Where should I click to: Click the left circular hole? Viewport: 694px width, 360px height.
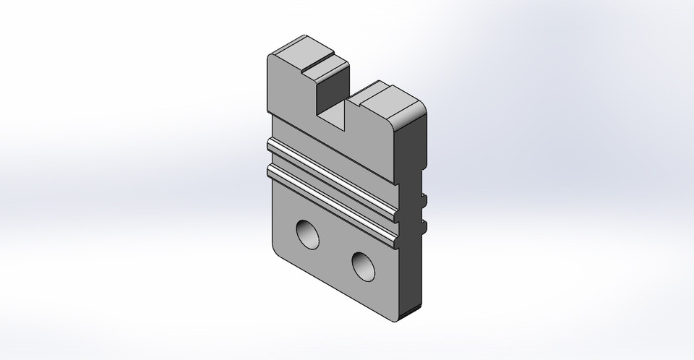click(x=309, y=234)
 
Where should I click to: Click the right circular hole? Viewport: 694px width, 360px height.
click(x=364, y=266)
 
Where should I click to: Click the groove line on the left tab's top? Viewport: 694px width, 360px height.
click(x=318, y=60)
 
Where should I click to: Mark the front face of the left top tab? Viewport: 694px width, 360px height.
click(x=289, y=90)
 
